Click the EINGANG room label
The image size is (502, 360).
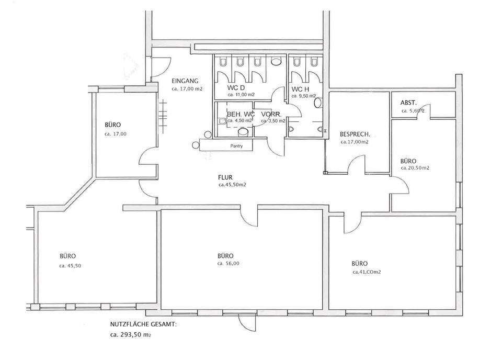[185, 81]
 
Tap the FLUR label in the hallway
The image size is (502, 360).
[225, 177]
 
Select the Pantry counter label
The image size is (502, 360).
[237, 147]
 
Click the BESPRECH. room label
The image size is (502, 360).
[355, 134]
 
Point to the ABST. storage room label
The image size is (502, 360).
[408, 103]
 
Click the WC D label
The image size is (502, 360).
[236, 87]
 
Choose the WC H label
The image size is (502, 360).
[301, 89]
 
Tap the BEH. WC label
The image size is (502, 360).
[241, 114]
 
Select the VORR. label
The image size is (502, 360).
[272, 114]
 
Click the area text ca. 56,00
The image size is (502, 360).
[229, 264]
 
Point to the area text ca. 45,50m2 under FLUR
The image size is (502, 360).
[232, 185]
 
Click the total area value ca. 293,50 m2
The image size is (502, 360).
[131, 334]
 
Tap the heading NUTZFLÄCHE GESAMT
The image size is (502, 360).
[143, 324]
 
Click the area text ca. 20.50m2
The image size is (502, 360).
[415, 168]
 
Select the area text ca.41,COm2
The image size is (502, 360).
[370, 272]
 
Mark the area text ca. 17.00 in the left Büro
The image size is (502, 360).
[116, 134]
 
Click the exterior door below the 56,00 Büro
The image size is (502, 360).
[244, 321]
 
